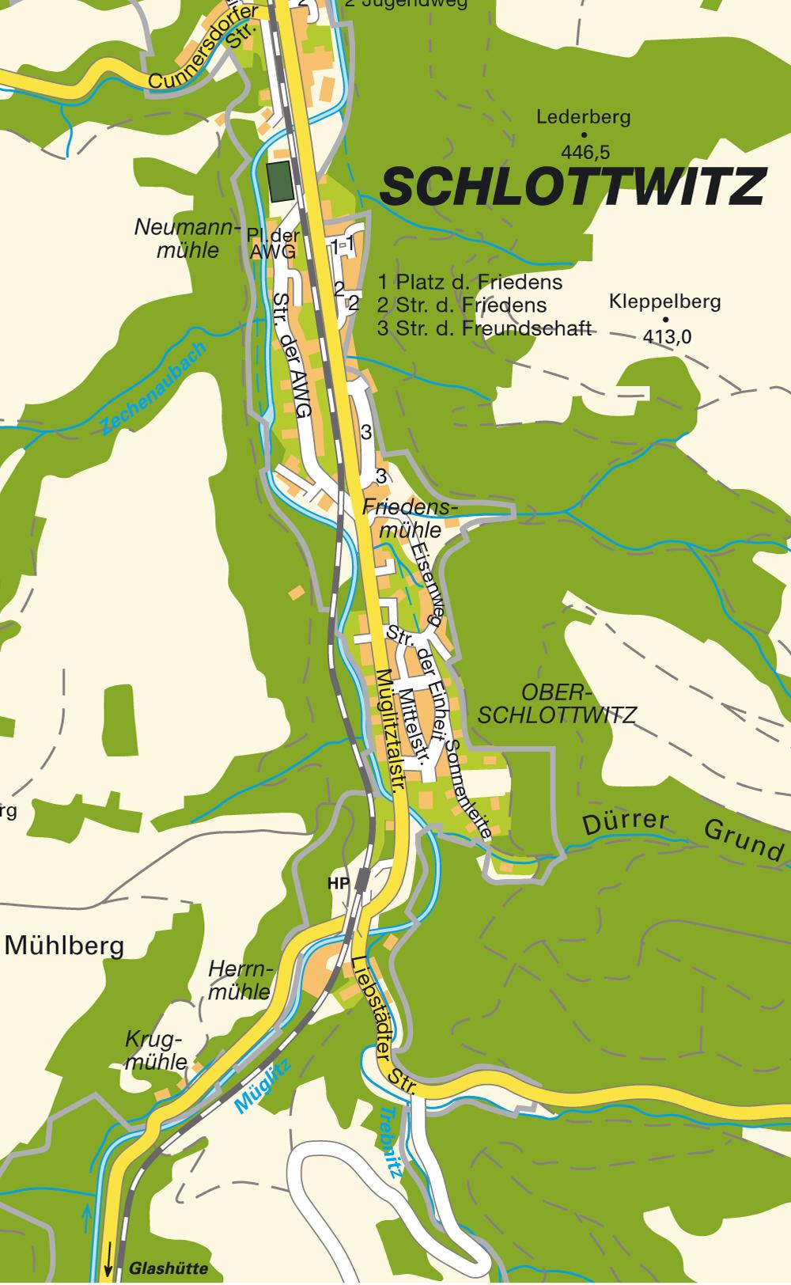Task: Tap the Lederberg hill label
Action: [x=583, y=118]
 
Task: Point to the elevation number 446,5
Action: [x=585, y=151]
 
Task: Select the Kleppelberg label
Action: [x=664, y=301]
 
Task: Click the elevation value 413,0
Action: [x=667, y=337]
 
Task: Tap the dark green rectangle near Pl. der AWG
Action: [x=279, y=181]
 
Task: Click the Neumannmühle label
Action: [x=187, y=239]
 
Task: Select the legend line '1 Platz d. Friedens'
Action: [x=470, y=282]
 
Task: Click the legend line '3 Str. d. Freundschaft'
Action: [x=484, y=328]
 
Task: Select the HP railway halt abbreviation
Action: [x=339, y=883]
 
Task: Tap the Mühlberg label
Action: [x=65, y=946]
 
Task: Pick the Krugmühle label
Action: [x=156, y=1050]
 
